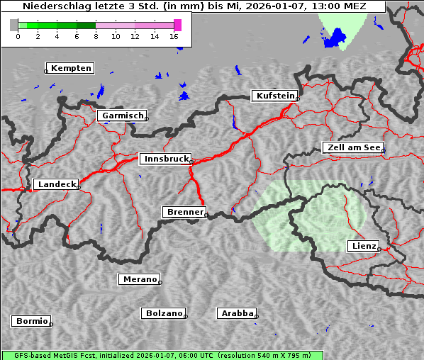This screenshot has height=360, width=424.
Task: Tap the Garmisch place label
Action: (x=123, y=116)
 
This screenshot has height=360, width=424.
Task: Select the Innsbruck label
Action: (x=165, y=159)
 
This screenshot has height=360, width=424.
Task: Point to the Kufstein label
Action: (x=275, y=96)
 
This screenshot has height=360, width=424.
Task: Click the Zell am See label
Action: (x=353, y=147)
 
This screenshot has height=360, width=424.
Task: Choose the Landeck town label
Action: (x=56, y=184)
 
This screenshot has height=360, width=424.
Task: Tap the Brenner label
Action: (x=184, y=212)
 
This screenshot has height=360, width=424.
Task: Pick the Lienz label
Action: (x=363, y=246)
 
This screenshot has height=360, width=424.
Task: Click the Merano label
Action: (x=139, y=279)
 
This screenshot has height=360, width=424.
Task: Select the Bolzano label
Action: (x=164, y=313)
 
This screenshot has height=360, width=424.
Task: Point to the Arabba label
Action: (x=237, y=313)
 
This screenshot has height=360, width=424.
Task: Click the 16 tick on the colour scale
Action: (x=174, y=35)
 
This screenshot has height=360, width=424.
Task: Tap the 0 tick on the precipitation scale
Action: (x=18, y=35)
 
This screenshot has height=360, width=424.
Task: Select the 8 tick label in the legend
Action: (x=95, y=35)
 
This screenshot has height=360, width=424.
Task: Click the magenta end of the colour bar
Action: (x=177, y=25)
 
